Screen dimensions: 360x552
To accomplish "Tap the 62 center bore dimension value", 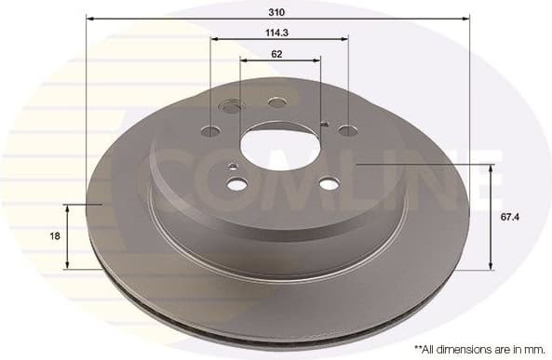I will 277,53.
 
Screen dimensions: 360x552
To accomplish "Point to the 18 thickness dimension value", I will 55,236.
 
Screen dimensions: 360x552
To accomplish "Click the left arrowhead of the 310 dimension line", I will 89,18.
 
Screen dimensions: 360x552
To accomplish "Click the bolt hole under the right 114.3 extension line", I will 347,130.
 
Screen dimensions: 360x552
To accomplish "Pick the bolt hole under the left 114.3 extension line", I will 211,130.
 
